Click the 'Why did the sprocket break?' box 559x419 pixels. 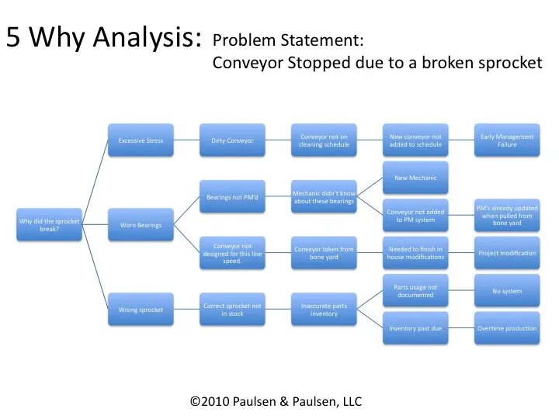49,224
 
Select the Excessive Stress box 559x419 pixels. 140,140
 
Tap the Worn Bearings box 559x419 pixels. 140,225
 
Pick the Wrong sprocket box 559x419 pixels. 140,310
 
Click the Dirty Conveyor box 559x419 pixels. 232,140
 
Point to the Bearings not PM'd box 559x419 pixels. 232,197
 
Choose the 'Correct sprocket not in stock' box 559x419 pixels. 232,310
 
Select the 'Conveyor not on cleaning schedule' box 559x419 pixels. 324,140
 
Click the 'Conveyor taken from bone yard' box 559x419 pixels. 324,253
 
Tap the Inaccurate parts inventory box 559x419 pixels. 324,310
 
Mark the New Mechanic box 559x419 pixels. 415,178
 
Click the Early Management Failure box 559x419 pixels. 507,140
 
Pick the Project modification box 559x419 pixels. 507,253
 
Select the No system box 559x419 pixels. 507,291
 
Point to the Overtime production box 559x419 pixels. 507,328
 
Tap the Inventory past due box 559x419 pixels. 415,328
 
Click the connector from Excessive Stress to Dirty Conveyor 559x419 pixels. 186,140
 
